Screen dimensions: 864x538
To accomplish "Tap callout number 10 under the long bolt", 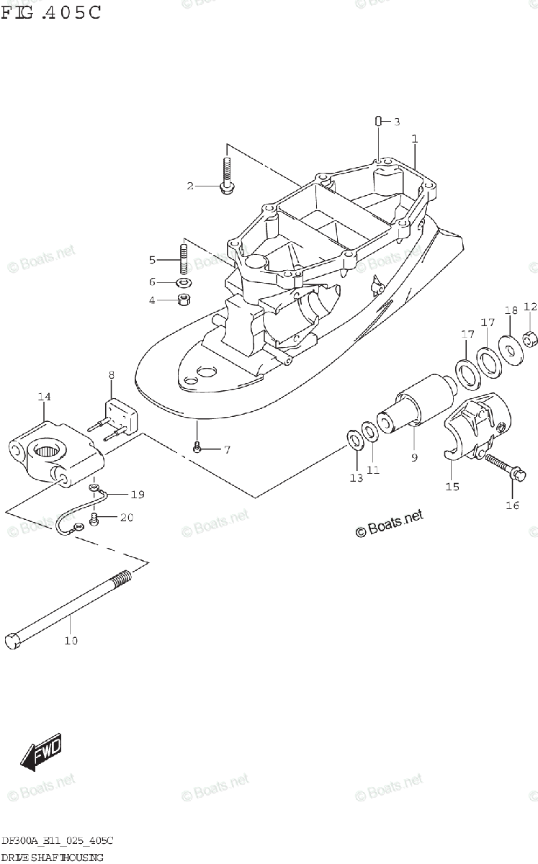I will (x=71, y=640).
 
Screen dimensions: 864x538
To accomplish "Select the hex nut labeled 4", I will (x=184, y=299).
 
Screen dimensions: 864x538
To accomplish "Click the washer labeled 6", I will (x=184, y=282).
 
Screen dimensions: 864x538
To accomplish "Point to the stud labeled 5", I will (x=183, y=257).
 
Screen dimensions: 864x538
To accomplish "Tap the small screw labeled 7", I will (x=197, y=449).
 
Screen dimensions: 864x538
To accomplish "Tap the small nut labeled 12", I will (x=530, y=337).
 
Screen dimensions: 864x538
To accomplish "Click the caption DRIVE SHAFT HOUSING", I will (x=50, y=857).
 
